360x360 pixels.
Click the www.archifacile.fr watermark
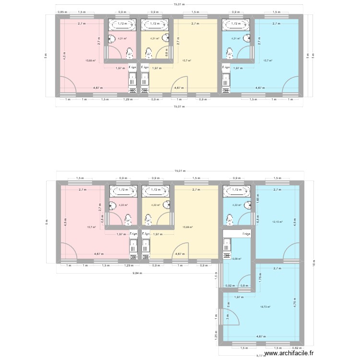pos(305,353)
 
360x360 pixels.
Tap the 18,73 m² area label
pos(265,307)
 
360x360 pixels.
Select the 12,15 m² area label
pos(278,222)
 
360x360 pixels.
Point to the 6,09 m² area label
pos(237,259)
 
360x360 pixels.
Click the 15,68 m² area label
pos(90,60)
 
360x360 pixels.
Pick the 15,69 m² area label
pos(188,227)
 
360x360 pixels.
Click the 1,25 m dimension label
pos(215,339)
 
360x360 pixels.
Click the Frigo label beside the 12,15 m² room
pos(245,234)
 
